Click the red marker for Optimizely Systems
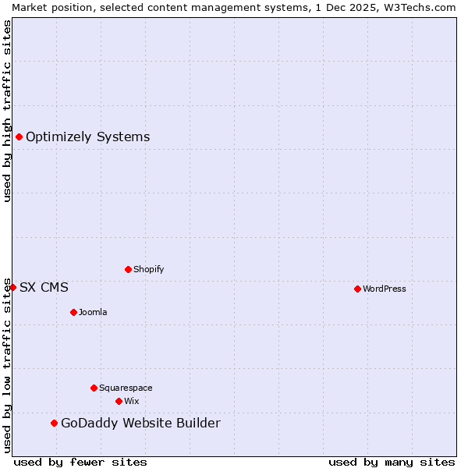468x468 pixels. [x=19, y=137]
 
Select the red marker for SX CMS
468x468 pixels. [x=12, y=287]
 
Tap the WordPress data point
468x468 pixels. [x=357, y=289]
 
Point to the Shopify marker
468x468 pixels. [x=128, y=269]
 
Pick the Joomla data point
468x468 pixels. [x=73, y=312]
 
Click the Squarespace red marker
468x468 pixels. [x=94, y=388]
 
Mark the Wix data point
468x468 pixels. [x=119, y=401]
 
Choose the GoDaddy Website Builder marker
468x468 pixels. [x=54, y=423]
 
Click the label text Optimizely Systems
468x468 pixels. [x=87, y=137]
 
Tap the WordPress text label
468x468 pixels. [x=384, y=289]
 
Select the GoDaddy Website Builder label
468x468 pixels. [x=140, y=423]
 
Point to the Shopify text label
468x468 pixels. [x=148, y=269]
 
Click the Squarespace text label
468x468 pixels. [x=126, y=388]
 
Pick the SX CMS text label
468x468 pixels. [x=44, y=287]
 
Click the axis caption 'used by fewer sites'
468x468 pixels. [x=80, y=462]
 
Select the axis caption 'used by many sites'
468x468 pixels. [x=392, y=462]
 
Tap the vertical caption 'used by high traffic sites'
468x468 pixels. [x=7, y=111]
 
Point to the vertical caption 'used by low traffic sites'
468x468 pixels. [x=7, y=364]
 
